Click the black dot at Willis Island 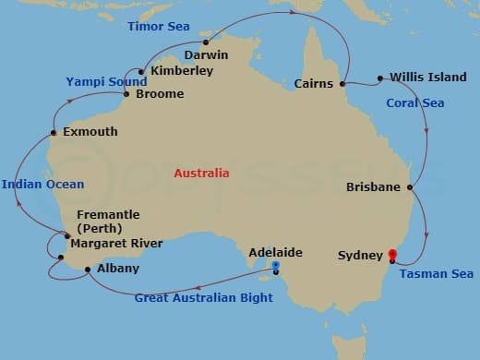tap(380, 78)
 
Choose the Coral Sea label tap(414, 103)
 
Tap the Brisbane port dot tap(409, 187)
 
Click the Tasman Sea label tap(437, 274)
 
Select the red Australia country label tap(202, 173)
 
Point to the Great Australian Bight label tap(204, 298)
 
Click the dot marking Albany tap(88, 270)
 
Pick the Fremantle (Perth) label tap(108, 221)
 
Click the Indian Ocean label tap(42, 185)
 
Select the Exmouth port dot tap(54, 133)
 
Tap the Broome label tap(159, 94)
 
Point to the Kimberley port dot tap(141, 71)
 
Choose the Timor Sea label tap(159, 27)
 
